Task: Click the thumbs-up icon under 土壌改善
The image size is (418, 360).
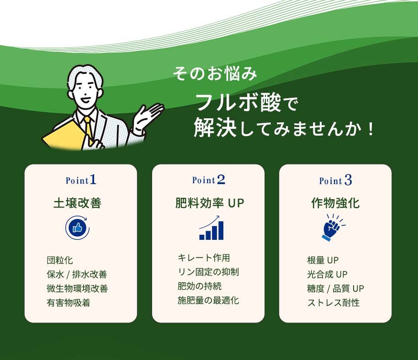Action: [x=78, y=228]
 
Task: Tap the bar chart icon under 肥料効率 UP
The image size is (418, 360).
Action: [x=212, y=228]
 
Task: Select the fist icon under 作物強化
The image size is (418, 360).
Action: [x=333, y=228]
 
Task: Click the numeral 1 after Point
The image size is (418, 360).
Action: [x=93, y=180]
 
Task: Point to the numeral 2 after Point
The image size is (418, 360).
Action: [x=221, y=180]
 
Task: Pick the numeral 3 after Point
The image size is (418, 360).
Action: [x=348, y=180]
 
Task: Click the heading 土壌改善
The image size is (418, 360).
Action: [x=78, y=203]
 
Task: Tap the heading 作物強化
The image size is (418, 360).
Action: [x=335, y=203]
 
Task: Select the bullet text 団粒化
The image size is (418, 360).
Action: [x=60, y=260]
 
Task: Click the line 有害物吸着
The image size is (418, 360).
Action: [x=69, y=303]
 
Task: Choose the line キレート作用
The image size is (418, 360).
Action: [x=204, y=258]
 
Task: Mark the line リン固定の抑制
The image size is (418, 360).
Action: [x=208, y=272]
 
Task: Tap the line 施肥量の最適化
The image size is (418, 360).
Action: [x=208, y=300]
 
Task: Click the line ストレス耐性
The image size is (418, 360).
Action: [x=333, y=303]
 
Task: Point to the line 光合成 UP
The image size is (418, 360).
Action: [x=328, y=274]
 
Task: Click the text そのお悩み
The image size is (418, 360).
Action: [x=215, y=74]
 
